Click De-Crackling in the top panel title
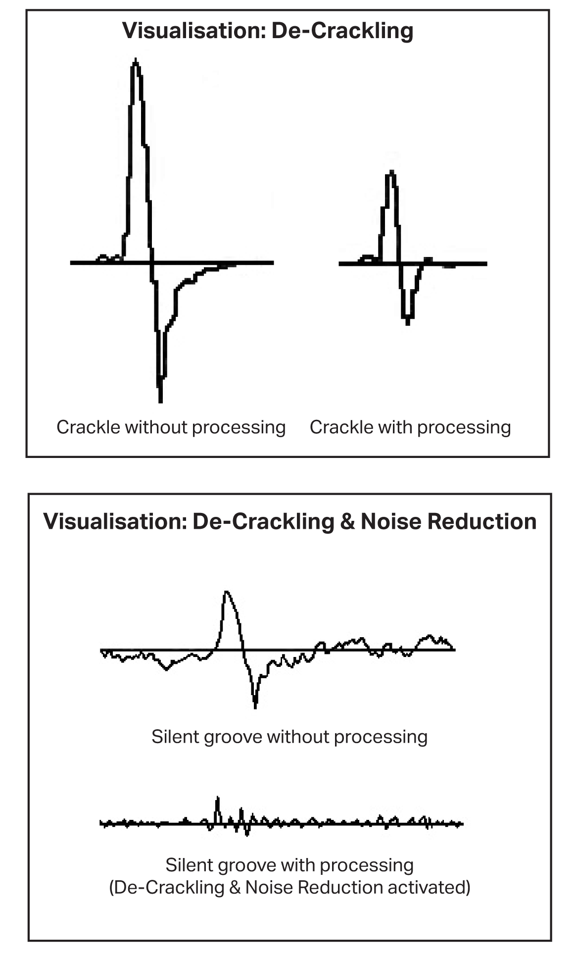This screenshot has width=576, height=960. pos(342,31)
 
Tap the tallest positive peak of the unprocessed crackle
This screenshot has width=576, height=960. pos(136,60)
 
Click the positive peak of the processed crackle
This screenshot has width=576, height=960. pos(392,172)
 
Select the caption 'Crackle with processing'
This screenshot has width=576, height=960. pos(410,427)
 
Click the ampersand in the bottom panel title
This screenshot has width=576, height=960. pos(348,521)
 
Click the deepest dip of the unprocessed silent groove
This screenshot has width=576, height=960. pos(255,706)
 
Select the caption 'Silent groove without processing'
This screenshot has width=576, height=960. pos(289,737)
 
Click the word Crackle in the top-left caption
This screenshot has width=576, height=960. pos(89,427)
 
